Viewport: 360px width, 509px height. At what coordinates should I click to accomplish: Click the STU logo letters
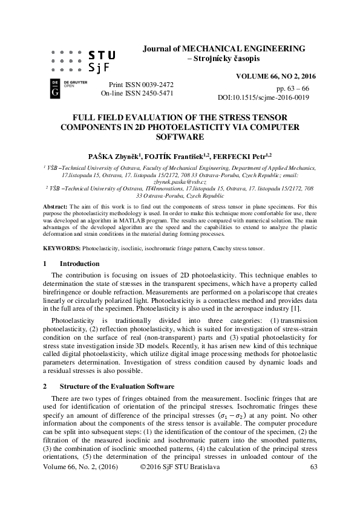[x=102, y=54]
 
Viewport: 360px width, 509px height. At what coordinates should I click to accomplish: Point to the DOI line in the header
[x=263, y=97]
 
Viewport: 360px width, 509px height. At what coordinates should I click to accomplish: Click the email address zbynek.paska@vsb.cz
[x=180, y=181]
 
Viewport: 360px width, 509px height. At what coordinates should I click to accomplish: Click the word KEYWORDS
[x=62, y=248]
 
